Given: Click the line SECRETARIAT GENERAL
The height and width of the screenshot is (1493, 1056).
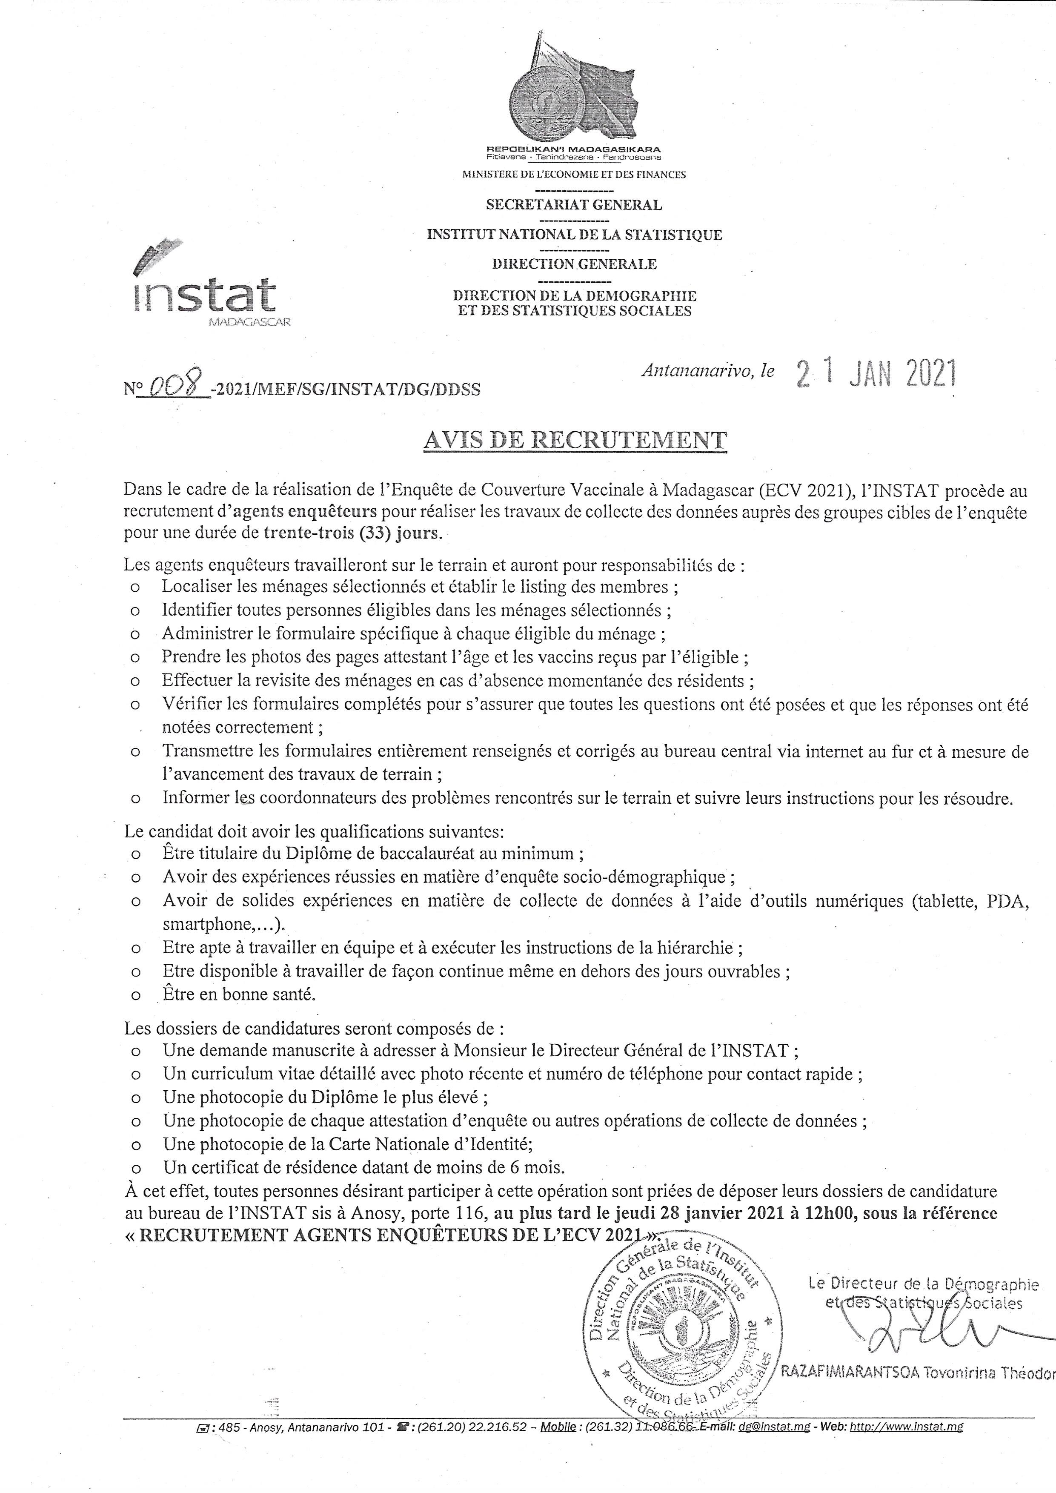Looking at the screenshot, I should tap(574, 205).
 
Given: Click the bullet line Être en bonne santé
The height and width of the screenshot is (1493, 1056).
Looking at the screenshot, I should tap(239, 994).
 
